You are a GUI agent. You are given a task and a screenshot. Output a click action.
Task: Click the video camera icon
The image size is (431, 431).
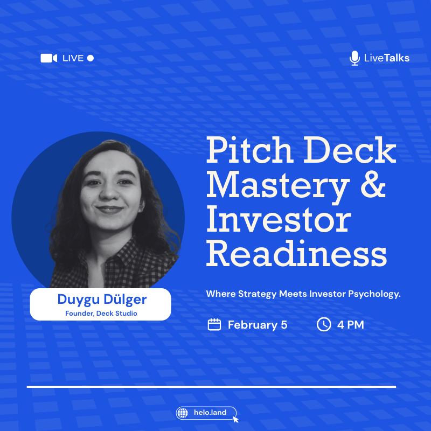click(48, 58)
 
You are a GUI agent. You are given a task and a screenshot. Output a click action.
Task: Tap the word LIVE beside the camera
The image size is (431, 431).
click(73, 58)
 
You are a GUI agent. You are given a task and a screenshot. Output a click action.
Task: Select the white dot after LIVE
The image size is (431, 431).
click(91, 58)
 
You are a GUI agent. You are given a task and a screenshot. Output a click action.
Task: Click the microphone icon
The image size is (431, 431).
click(354, 58)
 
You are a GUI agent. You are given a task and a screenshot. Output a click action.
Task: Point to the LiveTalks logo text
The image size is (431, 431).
click(386, 58)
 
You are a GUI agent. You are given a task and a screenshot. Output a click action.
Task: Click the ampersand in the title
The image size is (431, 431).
click(373, 186)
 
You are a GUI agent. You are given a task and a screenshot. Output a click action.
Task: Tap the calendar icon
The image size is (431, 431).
click(214, 324)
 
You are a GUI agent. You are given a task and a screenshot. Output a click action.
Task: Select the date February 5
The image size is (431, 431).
click(258, 325)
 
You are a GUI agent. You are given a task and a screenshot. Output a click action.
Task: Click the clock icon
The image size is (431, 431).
click(323, 324)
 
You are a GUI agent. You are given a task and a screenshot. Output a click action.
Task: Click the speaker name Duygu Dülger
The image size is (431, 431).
click(102, 299)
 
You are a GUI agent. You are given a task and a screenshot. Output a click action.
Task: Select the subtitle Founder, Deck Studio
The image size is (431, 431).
click(101, 313)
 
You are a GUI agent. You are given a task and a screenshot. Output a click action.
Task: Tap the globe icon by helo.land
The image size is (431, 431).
click(184, 414)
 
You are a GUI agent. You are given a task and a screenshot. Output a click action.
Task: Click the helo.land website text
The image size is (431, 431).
click(210, 414)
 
